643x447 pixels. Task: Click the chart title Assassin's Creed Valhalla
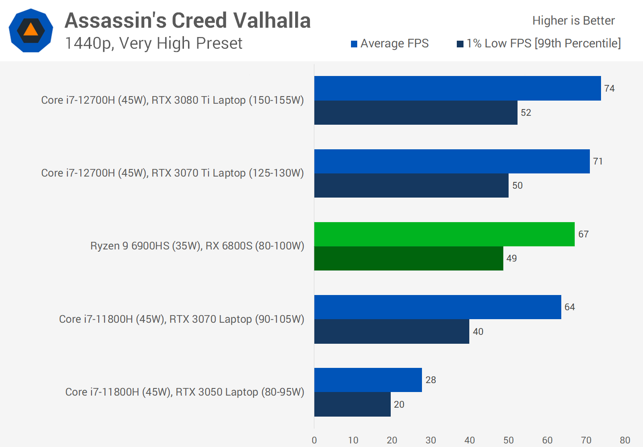pos(188,21)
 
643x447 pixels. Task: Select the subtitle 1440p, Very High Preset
pos(154,43)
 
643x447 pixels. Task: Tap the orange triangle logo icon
pos(31,30)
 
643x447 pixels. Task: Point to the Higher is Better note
pos(573,21)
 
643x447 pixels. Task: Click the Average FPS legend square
pos(354,44)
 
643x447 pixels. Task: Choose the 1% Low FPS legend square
pos(460,44)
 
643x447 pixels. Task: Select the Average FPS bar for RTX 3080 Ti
pos(457,88)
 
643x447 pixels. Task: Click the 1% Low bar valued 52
pos(416,113)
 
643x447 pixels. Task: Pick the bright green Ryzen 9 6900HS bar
pos(444,234)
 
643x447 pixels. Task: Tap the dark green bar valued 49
pos(409,258)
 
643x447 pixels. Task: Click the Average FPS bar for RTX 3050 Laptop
pos(368,380)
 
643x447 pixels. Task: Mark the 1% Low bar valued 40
pos(392,332)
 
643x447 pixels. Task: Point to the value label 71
pos(598,161)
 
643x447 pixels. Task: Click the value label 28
pos(430,380)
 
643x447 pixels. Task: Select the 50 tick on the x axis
pos(509,440)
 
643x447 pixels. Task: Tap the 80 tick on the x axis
pos(625,440)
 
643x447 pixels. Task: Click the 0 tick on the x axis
pos(314,440)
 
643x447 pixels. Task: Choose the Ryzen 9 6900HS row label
pos(197,246)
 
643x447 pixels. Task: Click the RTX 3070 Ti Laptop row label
pos(172,173)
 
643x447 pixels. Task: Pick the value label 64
pos(569,307)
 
